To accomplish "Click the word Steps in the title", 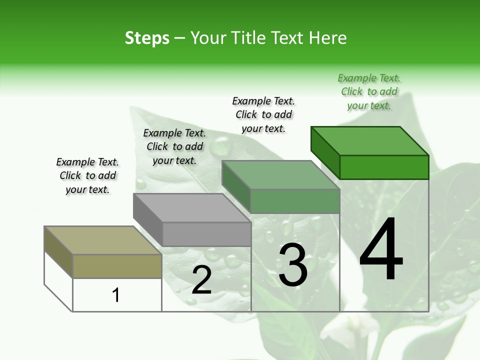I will tap(147, 38).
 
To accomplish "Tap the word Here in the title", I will tap(328, 38).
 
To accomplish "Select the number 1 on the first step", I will tap(116, 295).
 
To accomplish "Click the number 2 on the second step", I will tap(201, 280).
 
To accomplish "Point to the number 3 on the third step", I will tap(293, 265).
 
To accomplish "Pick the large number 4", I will tap(381, 250).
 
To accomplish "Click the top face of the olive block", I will tap(102, 240).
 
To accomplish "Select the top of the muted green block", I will tap(280, 175).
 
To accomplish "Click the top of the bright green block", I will tap(370, 141).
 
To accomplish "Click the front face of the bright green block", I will tap(384, 167).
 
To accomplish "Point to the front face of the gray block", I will tap(206, 234).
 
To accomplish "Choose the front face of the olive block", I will tap(117, 266).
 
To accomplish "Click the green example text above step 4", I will tap(369, 91).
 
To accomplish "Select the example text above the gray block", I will tap(174, 146).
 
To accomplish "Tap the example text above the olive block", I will tap(87, 175).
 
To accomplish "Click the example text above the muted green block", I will tap(263, 114).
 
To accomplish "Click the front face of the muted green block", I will tap(295, 201).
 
